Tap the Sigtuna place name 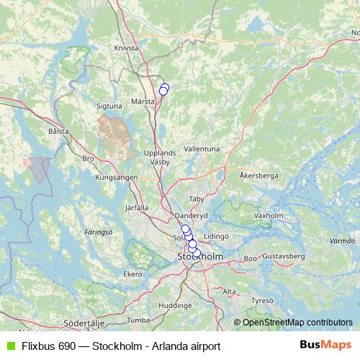109,106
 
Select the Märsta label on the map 143,102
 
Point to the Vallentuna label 202,148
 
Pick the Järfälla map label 136,207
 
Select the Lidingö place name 216,235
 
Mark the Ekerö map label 133,274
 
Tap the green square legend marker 10,346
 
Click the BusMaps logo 326,345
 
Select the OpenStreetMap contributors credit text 297,323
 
